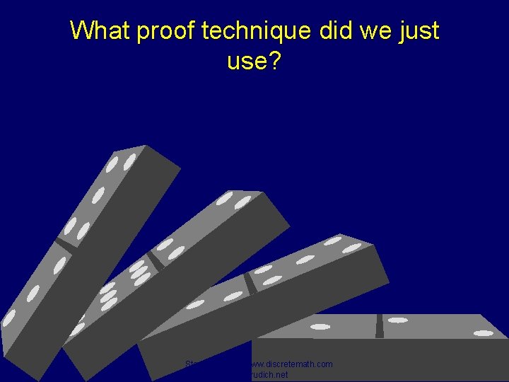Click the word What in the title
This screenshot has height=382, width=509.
tap(98, 30)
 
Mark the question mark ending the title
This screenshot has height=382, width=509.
tap(274, 62)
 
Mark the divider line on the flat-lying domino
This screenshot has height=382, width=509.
tap(379, 325)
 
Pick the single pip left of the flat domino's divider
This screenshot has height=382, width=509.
tap(320, 327)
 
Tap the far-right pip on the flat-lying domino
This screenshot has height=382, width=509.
tap(484, 332)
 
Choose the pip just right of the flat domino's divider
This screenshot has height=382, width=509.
tap(397, 320)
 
